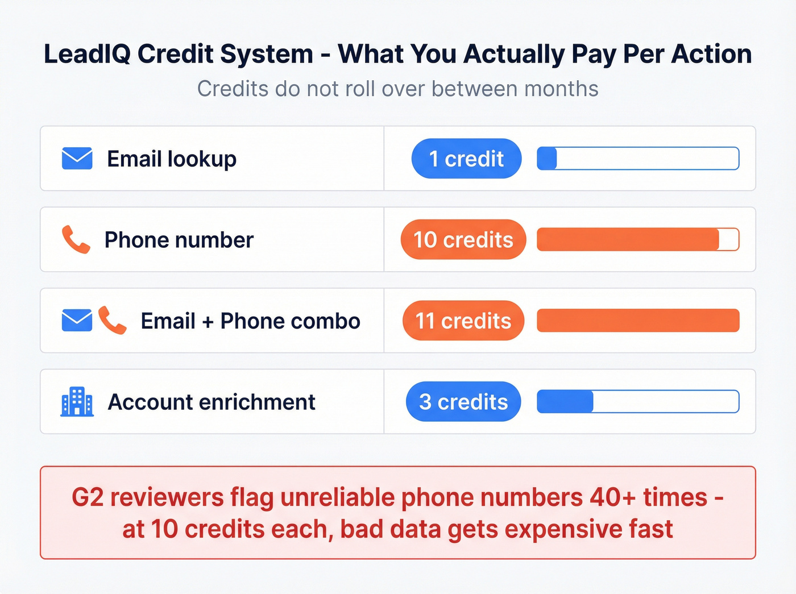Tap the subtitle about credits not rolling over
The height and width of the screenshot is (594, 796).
397,89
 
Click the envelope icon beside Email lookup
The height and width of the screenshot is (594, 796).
77,159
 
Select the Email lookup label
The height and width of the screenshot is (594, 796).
172,159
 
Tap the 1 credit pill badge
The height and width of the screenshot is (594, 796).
466,159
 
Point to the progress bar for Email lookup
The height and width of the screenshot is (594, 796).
638,159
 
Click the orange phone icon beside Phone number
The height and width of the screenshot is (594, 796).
76,239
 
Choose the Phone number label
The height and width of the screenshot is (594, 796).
179,240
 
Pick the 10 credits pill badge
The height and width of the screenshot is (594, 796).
463,240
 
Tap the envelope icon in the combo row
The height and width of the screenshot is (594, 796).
77,321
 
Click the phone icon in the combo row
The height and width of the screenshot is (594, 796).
112,321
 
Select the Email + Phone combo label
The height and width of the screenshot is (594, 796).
250,321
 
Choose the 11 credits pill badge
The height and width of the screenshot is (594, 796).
463,321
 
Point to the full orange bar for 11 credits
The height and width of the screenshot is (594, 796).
638,321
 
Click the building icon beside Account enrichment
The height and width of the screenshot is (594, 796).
77,401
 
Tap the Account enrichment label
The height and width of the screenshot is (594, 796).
212,402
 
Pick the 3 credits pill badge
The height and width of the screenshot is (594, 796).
463,402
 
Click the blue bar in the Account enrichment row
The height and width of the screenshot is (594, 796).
565,401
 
